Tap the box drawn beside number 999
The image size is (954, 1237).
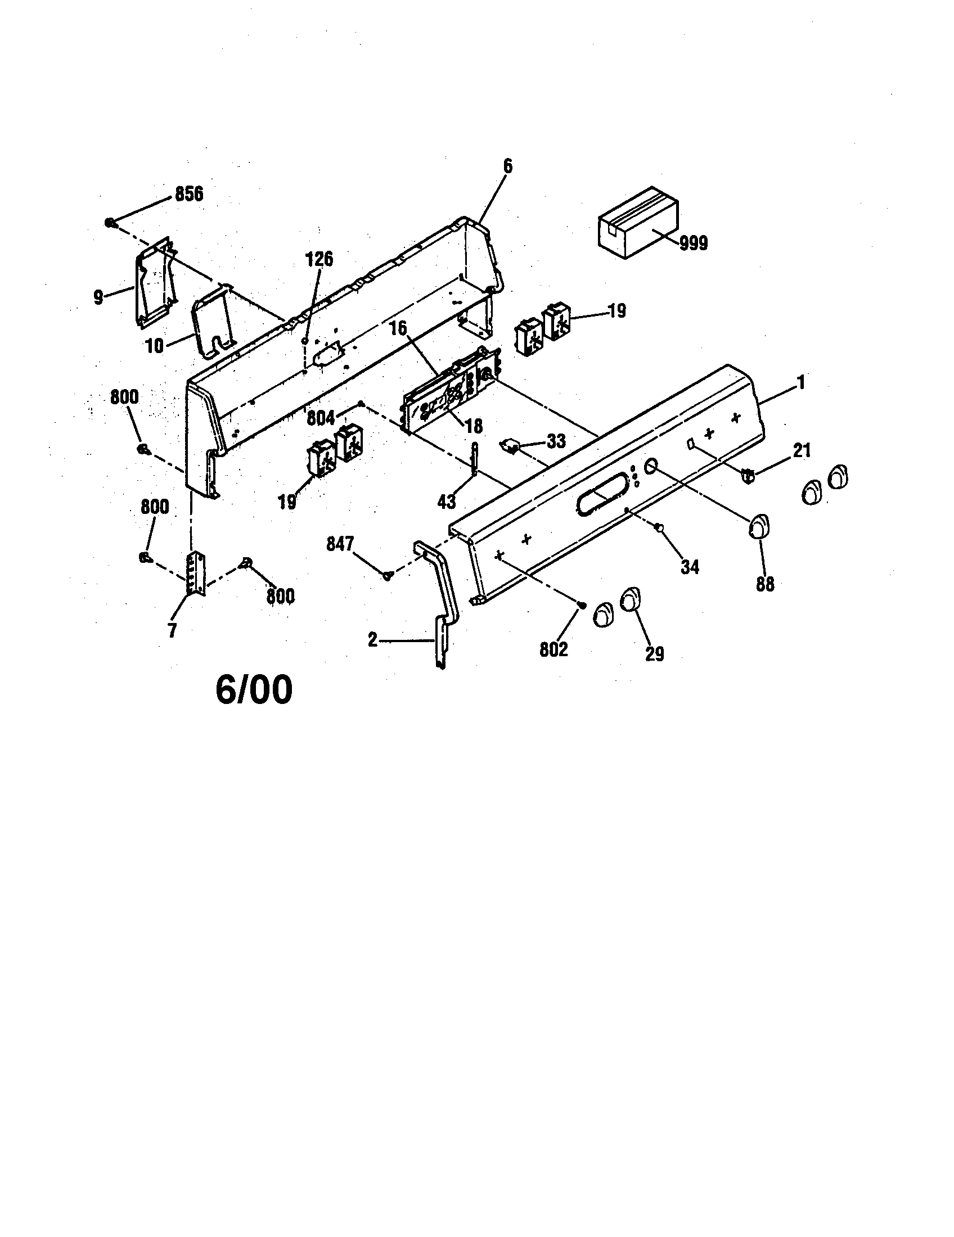coord(638,223)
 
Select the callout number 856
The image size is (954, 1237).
coord(188,195)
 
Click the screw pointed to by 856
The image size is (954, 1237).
coord(110,223)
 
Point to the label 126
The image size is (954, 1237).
coord(319,259)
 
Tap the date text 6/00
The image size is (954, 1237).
coord(254,690)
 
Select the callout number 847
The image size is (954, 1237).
coord(340,544)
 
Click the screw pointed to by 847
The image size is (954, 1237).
coord(388,575)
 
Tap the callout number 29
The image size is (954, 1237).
coord(654,653)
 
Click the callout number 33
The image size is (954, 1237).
coord(556,441)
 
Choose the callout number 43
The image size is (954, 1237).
coord(447,501)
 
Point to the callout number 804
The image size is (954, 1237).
coord(321,418)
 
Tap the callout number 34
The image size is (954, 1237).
coord(690,566)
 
